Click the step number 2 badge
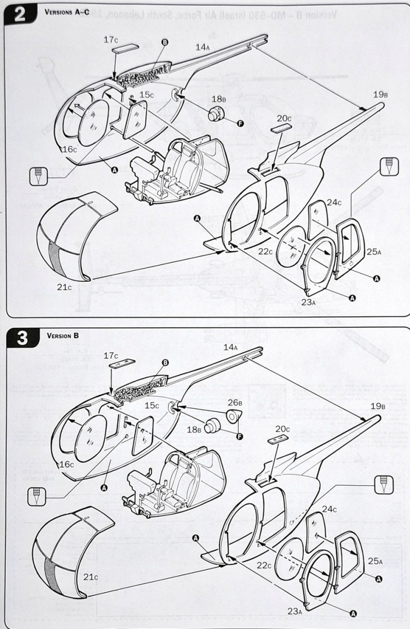pos(19,15)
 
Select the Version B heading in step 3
pos(63,335)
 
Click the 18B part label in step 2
pos(218,99)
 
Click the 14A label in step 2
pos(202,47)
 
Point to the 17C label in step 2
pos(111,40)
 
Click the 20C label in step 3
pos(284,429)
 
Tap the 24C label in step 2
pos(334,203)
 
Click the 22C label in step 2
pos(266,251)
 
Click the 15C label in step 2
pos(146,95)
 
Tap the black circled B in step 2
pos(164,43)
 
